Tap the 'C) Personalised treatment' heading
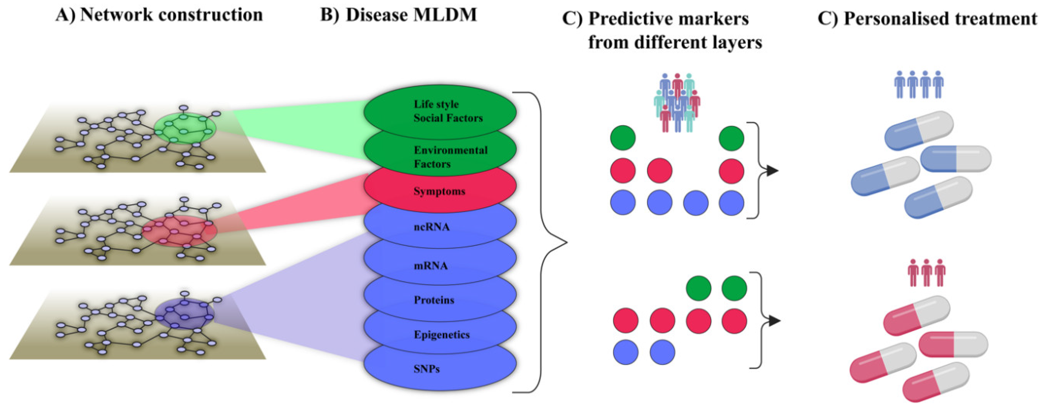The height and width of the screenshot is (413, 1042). pos(928,19)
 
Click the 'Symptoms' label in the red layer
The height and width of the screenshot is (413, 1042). pos(439,191)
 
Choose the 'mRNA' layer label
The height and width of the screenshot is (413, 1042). pos(431,265)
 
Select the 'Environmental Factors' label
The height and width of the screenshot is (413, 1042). pos(450,157)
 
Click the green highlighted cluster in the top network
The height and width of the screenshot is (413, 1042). pos(185,128)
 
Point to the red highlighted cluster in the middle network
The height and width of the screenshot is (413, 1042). pos(179,231)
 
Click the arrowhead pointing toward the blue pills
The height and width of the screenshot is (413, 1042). pos(772,171)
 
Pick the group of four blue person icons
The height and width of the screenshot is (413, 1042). pos(919,85)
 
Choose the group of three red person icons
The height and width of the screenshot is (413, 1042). pos(927,273)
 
